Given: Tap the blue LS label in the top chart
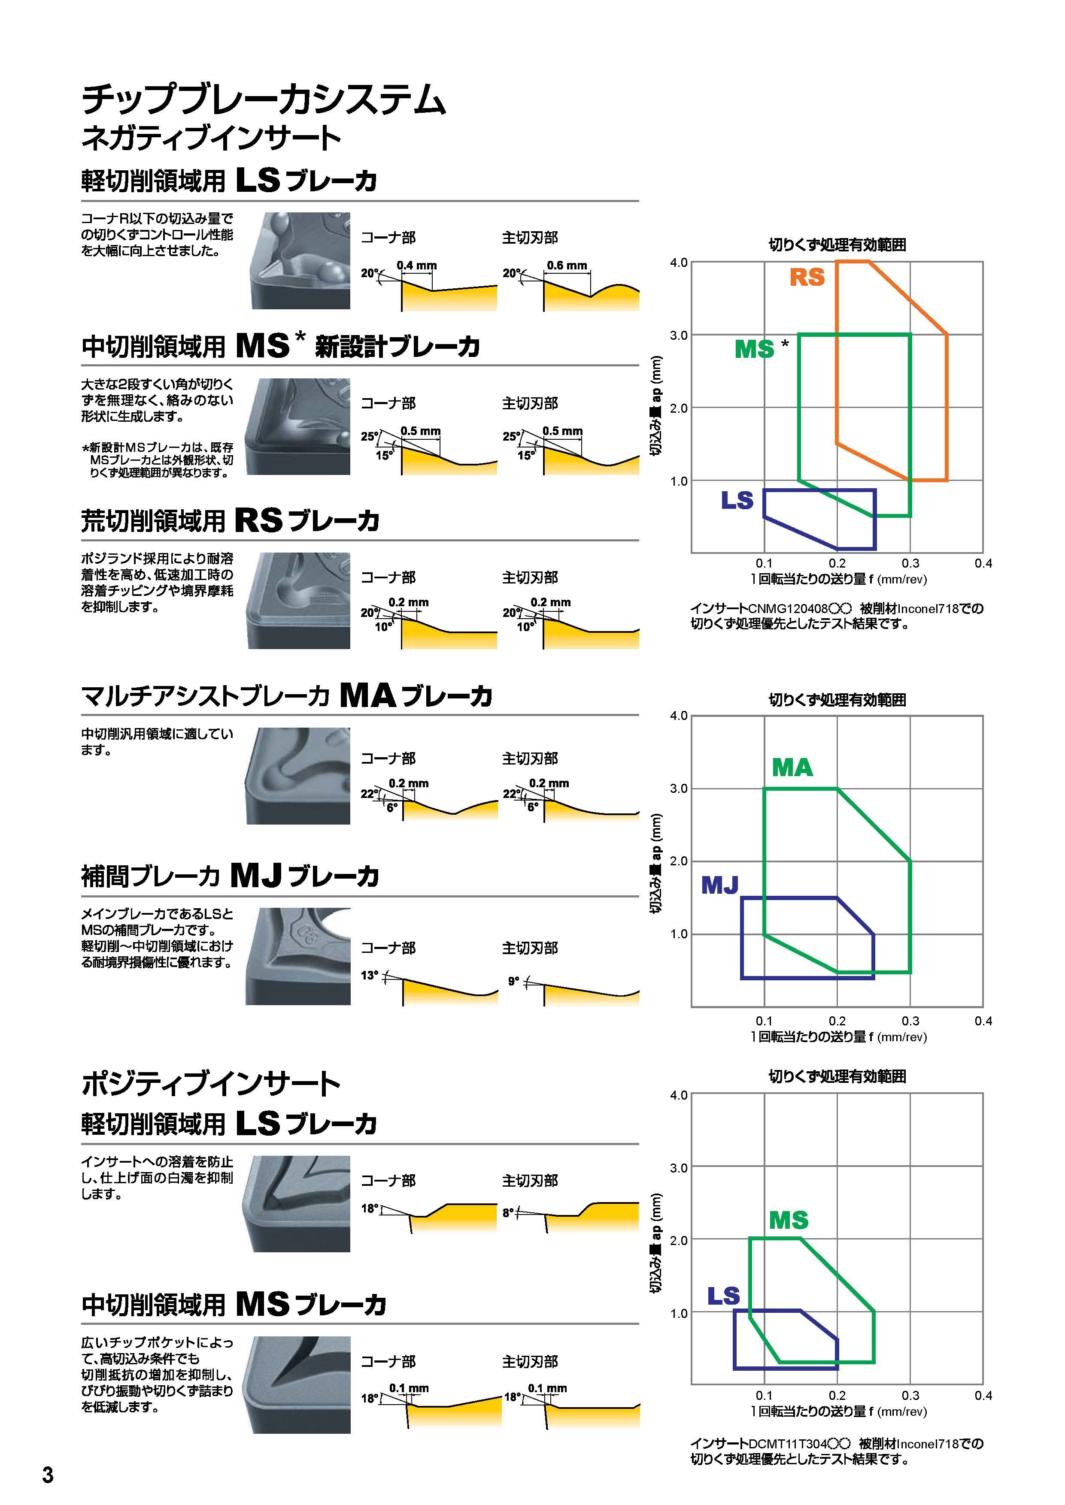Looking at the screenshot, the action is pos(737,500).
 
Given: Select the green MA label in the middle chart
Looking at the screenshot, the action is pos(792,767).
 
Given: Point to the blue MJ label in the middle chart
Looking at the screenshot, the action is pos(720,885).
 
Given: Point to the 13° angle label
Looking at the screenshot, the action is pos(369,975).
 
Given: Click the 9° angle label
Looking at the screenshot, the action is pos(513,981).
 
